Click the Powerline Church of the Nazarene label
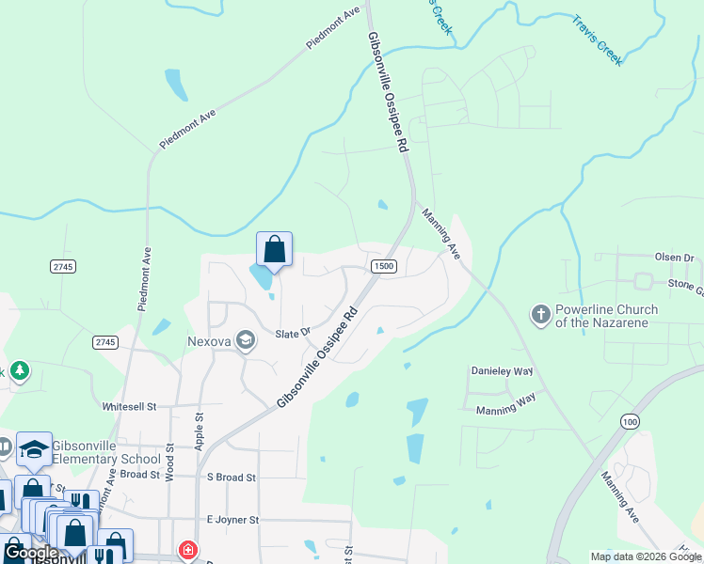(x=606, y=316)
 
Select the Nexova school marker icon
(x=246, y=340)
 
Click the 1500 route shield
(x=383, y=267)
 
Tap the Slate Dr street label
(x=293, y=333)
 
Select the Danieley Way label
(x=502, y=372)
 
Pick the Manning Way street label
(x=505, y=404)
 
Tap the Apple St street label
(x=200, y=431)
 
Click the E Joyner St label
(x=232, y=520)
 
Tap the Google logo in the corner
(x=30, y=553)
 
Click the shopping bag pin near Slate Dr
(x=274, y=250)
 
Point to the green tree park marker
(x=19, y=372)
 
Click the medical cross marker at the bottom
(x=189, y=550)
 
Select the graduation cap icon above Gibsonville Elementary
(x=35, y=449)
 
